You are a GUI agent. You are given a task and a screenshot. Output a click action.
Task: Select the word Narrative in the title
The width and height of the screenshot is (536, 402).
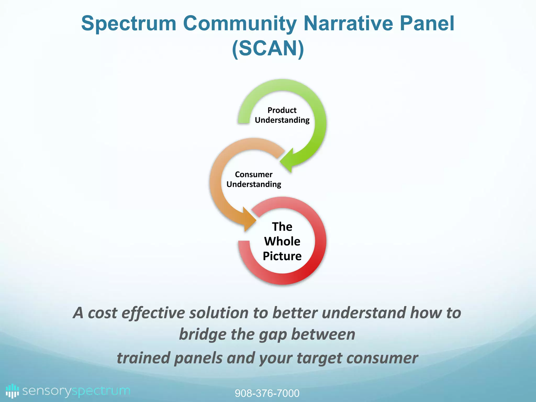click(348, 24)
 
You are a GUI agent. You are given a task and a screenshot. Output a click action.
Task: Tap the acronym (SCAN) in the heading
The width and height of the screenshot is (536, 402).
click(268, 49)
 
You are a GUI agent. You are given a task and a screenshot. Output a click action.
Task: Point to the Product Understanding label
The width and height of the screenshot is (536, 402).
click(282, 115)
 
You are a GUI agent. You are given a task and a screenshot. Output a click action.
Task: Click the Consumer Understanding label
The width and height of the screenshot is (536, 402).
click(254, 179)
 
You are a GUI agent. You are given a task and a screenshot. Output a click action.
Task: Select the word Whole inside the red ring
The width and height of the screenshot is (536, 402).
click(282, 241)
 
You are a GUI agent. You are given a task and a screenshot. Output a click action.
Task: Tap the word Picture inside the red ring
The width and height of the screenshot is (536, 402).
click(282, 256)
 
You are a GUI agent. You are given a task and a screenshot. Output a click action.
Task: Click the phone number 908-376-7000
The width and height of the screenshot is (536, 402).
click(267, 393)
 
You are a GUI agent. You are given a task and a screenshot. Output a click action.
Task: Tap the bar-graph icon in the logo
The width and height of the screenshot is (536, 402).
click(12, 391)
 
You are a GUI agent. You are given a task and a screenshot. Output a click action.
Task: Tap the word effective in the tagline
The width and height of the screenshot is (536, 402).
click(153, 313)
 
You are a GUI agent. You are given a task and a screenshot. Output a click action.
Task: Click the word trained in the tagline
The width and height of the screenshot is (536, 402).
click(143, 358)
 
